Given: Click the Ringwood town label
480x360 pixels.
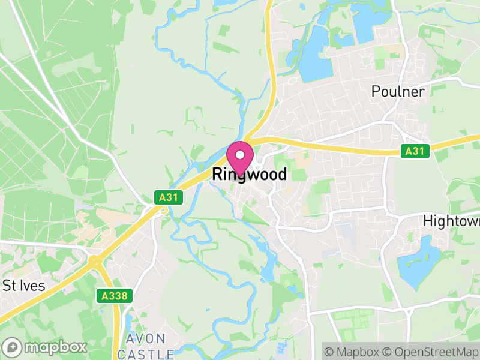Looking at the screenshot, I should tap(249, 175).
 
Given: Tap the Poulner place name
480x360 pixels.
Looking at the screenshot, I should tap(398, 92).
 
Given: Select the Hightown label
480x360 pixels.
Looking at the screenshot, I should tap(451, 221).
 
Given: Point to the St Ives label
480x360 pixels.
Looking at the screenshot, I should tap(24, 286).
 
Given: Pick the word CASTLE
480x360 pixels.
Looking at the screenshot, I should tap(146, 354).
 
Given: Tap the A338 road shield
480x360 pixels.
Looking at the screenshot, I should tap(114, 295).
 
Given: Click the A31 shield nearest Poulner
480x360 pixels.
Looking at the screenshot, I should tap(415, 151).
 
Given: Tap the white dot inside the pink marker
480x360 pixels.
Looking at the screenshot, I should tap(240, 155).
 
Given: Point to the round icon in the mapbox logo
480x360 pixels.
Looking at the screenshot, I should tap(13, 347).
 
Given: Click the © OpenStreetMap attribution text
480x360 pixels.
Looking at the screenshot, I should tap(430, 351).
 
